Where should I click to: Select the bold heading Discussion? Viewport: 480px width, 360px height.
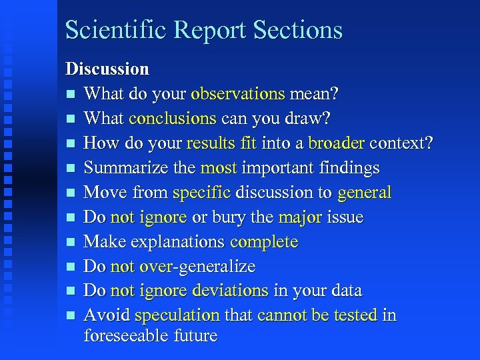107,69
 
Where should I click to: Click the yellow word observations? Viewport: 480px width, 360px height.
238,93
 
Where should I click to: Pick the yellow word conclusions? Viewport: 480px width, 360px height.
173,118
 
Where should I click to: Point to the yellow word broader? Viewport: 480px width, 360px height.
337,143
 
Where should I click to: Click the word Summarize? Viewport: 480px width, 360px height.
127,167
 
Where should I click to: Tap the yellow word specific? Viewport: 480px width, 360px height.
201,193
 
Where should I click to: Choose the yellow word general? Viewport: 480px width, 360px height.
364,193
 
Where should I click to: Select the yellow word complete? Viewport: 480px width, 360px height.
264,241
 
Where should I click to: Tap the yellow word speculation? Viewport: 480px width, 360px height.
177,315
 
